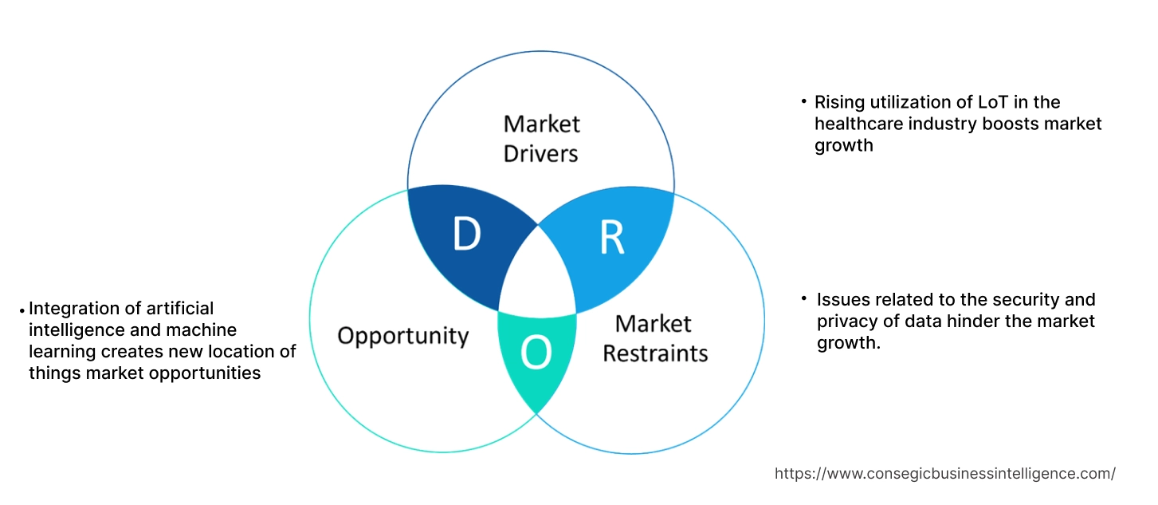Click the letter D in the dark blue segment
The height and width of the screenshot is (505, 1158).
(x=467, y=234)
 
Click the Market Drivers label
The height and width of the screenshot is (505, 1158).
(x=542, y=138)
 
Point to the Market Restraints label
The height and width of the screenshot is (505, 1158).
(x=654, y=338)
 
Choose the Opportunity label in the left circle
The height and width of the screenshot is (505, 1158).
(x=402, y=335)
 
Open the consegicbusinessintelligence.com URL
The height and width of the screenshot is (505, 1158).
(x=944, y=473)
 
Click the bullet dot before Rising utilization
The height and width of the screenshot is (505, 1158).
(x=803, y=101)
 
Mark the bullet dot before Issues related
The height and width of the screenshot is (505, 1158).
(x=804, y=298)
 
